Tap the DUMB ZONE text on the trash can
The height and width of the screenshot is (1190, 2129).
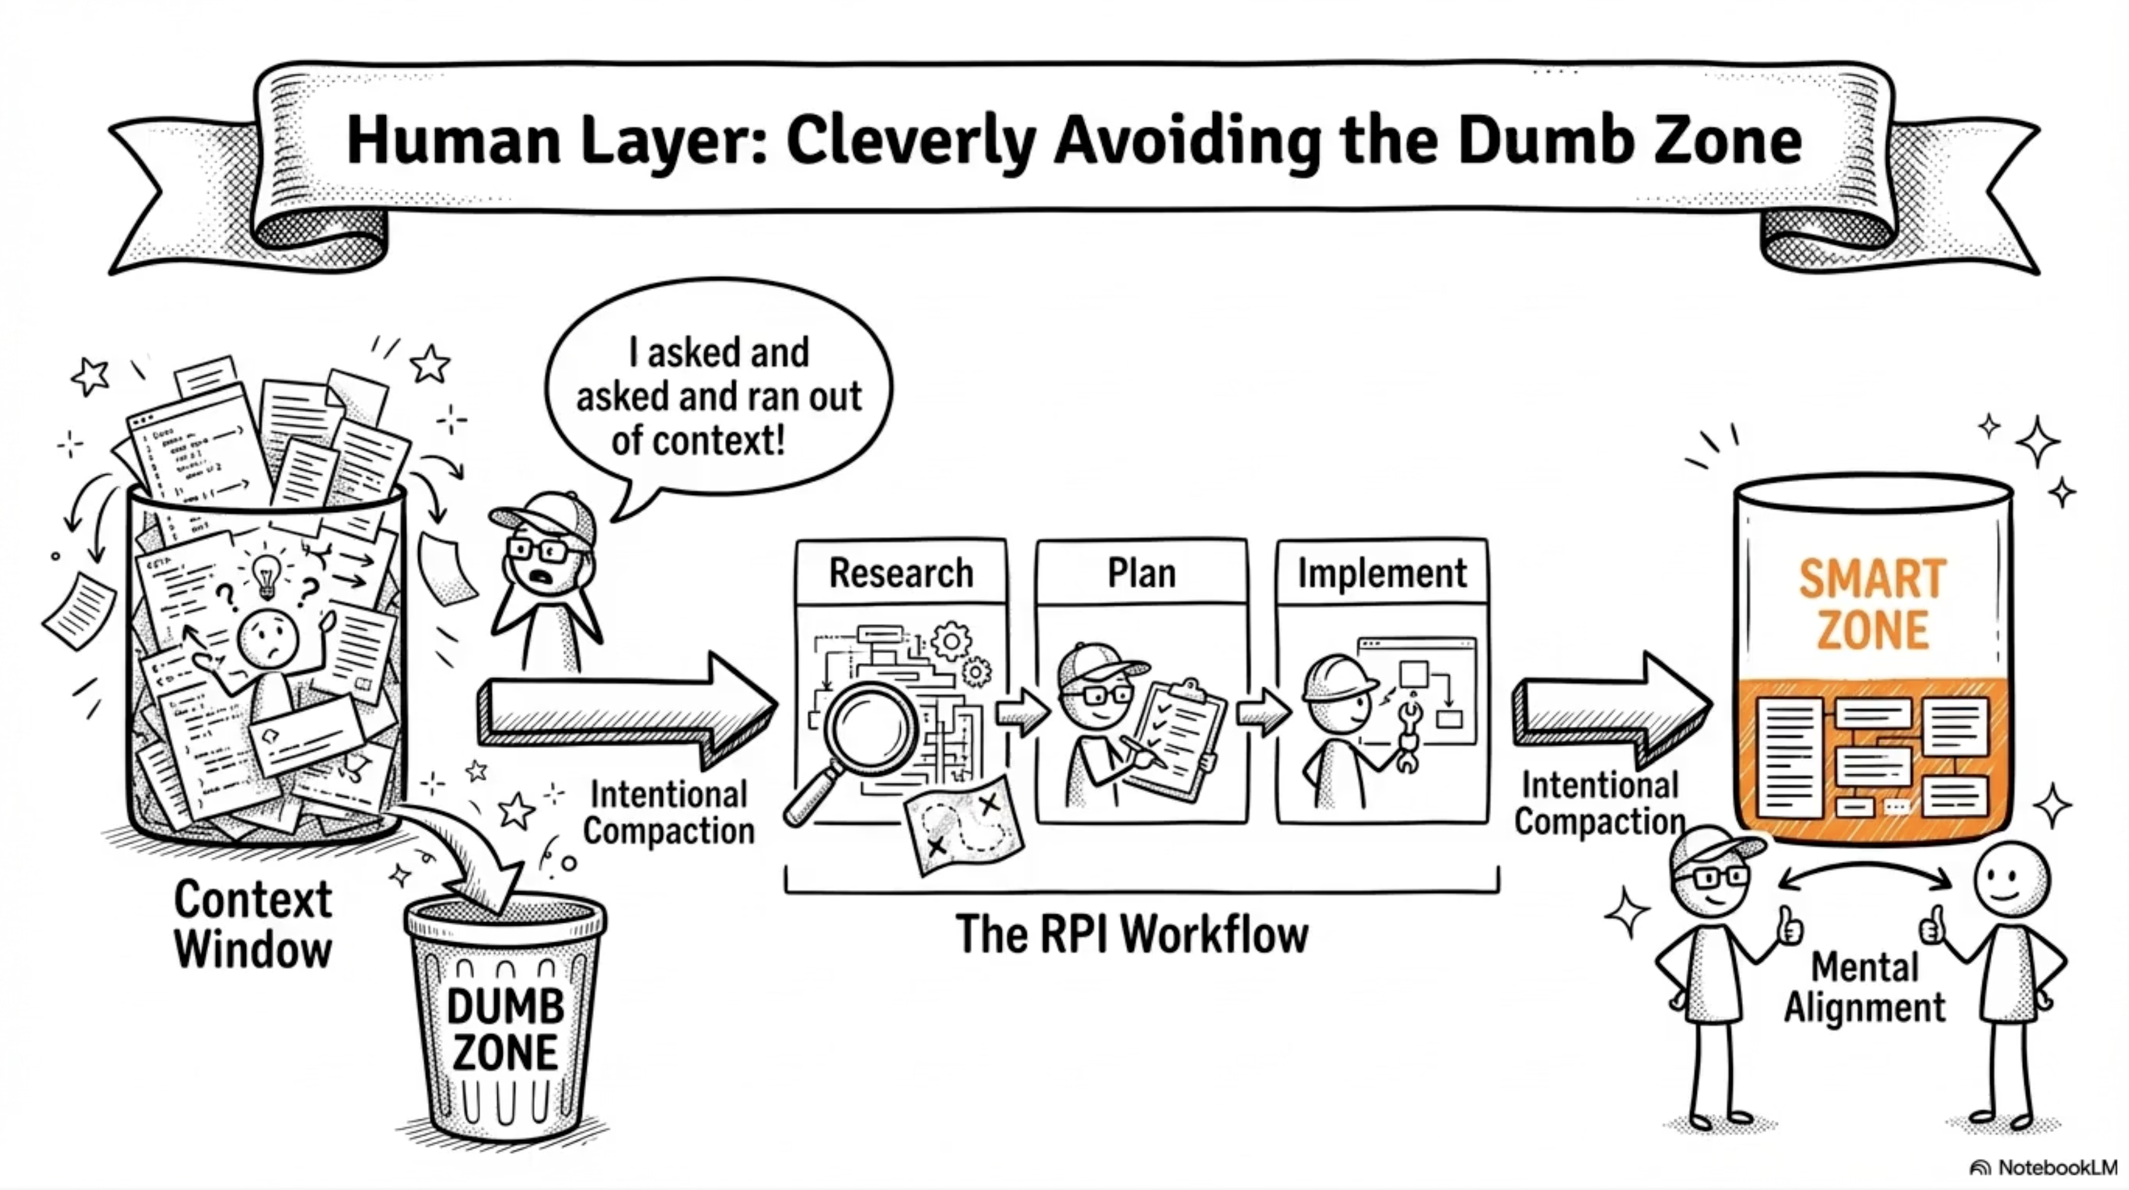coord(505,1030)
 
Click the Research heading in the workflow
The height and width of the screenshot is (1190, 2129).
coord(901,573)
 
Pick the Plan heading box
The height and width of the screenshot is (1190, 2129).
coord(1141,573)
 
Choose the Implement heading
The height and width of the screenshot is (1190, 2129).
coord(1382,573)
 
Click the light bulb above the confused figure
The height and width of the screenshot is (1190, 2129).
coord(266,574)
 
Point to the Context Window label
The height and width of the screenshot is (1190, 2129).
coord(253,924)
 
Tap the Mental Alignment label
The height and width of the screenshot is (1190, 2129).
coord(1865,988)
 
